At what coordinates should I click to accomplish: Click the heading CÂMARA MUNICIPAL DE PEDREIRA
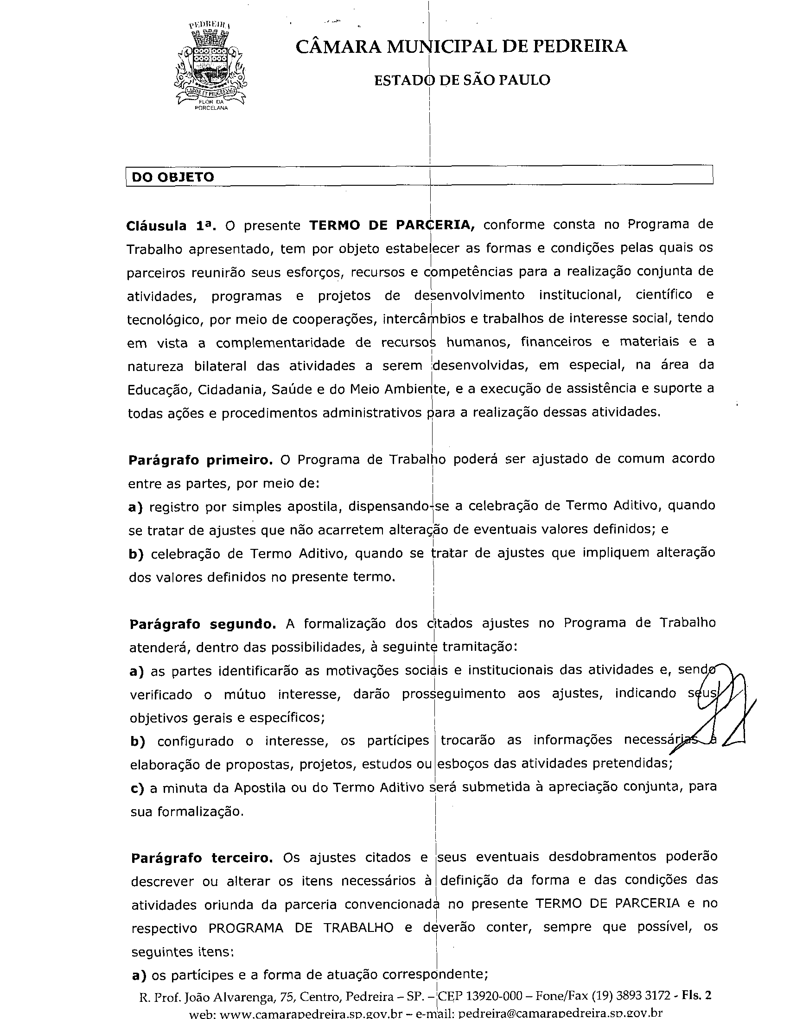[461, 46]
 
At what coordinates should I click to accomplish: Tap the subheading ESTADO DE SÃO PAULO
[462, 80]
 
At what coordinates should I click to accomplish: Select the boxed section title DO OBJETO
[173, 177]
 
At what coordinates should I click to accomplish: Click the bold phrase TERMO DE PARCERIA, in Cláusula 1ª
[392, 226]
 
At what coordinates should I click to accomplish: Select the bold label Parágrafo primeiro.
[200, 460]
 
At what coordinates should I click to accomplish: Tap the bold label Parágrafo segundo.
[203, 624]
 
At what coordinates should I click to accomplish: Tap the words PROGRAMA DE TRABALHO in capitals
[301, 928]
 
